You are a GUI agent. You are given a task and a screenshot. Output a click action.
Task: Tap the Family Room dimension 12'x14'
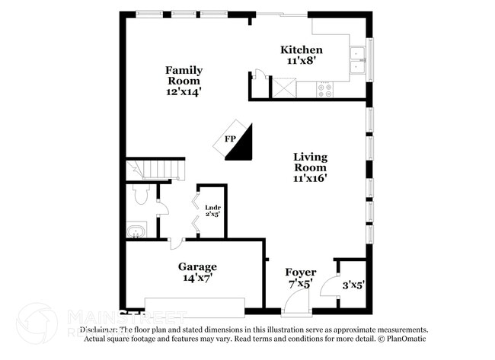[x=184, y=91]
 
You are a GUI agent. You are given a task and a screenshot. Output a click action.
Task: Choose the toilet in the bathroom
[x=139, y=196]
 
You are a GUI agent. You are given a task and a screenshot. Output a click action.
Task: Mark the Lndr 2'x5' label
[x=212, y=210]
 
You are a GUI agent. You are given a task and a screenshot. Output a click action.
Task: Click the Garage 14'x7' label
[x=197, y=272]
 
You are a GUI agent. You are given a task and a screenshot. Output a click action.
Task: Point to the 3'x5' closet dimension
[x=353, y=285]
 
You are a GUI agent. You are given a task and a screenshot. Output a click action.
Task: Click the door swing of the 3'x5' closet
[x=330, y=287]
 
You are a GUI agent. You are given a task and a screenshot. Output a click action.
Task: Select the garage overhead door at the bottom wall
[x=194, y=307]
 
